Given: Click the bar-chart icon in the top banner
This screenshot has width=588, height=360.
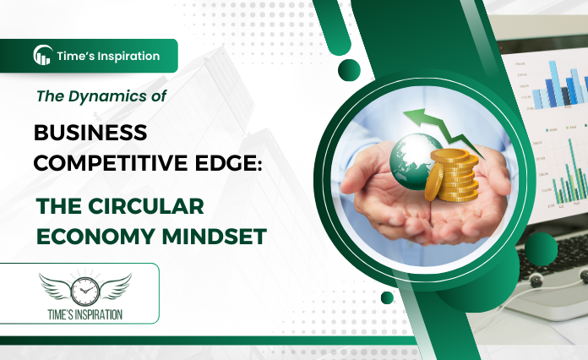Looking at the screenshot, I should [x=42, y=56].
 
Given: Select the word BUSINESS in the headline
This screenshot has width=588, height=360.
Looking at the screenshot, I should [x=90, y=133].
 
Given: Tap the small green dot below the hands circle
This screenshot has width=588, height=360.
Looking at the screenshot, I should [x=387, y=297].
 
